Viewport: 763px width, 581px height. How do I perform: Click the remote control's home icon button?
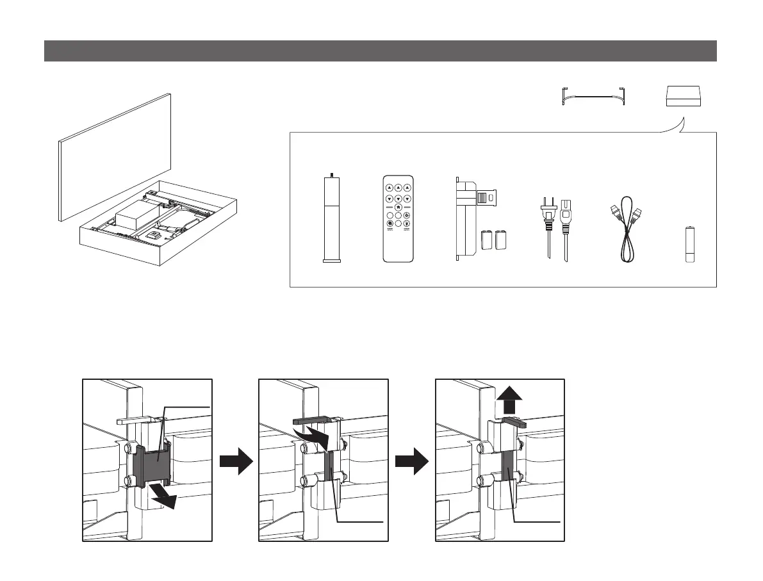[x=398, y=208]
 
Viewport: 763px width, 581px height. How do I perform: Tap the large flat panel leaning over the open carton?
[x=116, y=156]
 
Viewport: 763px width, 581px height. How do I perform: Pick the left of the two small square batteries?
[x=488, y=239]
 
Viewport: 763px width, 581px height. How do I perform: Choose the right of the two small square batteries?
[x=501, y=239]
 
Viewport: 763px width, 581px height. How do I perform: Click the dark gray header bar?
[x=380, y=51]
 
